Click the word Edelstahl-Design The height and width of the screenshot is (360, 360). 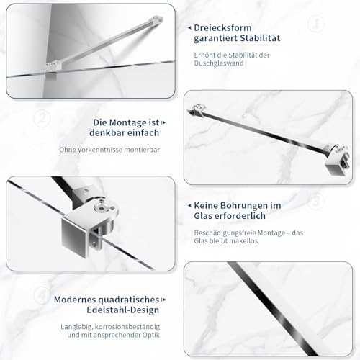[x=117, y=311]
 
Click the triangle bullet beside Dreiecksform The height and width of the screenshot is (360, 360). [x=189, y=27]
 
